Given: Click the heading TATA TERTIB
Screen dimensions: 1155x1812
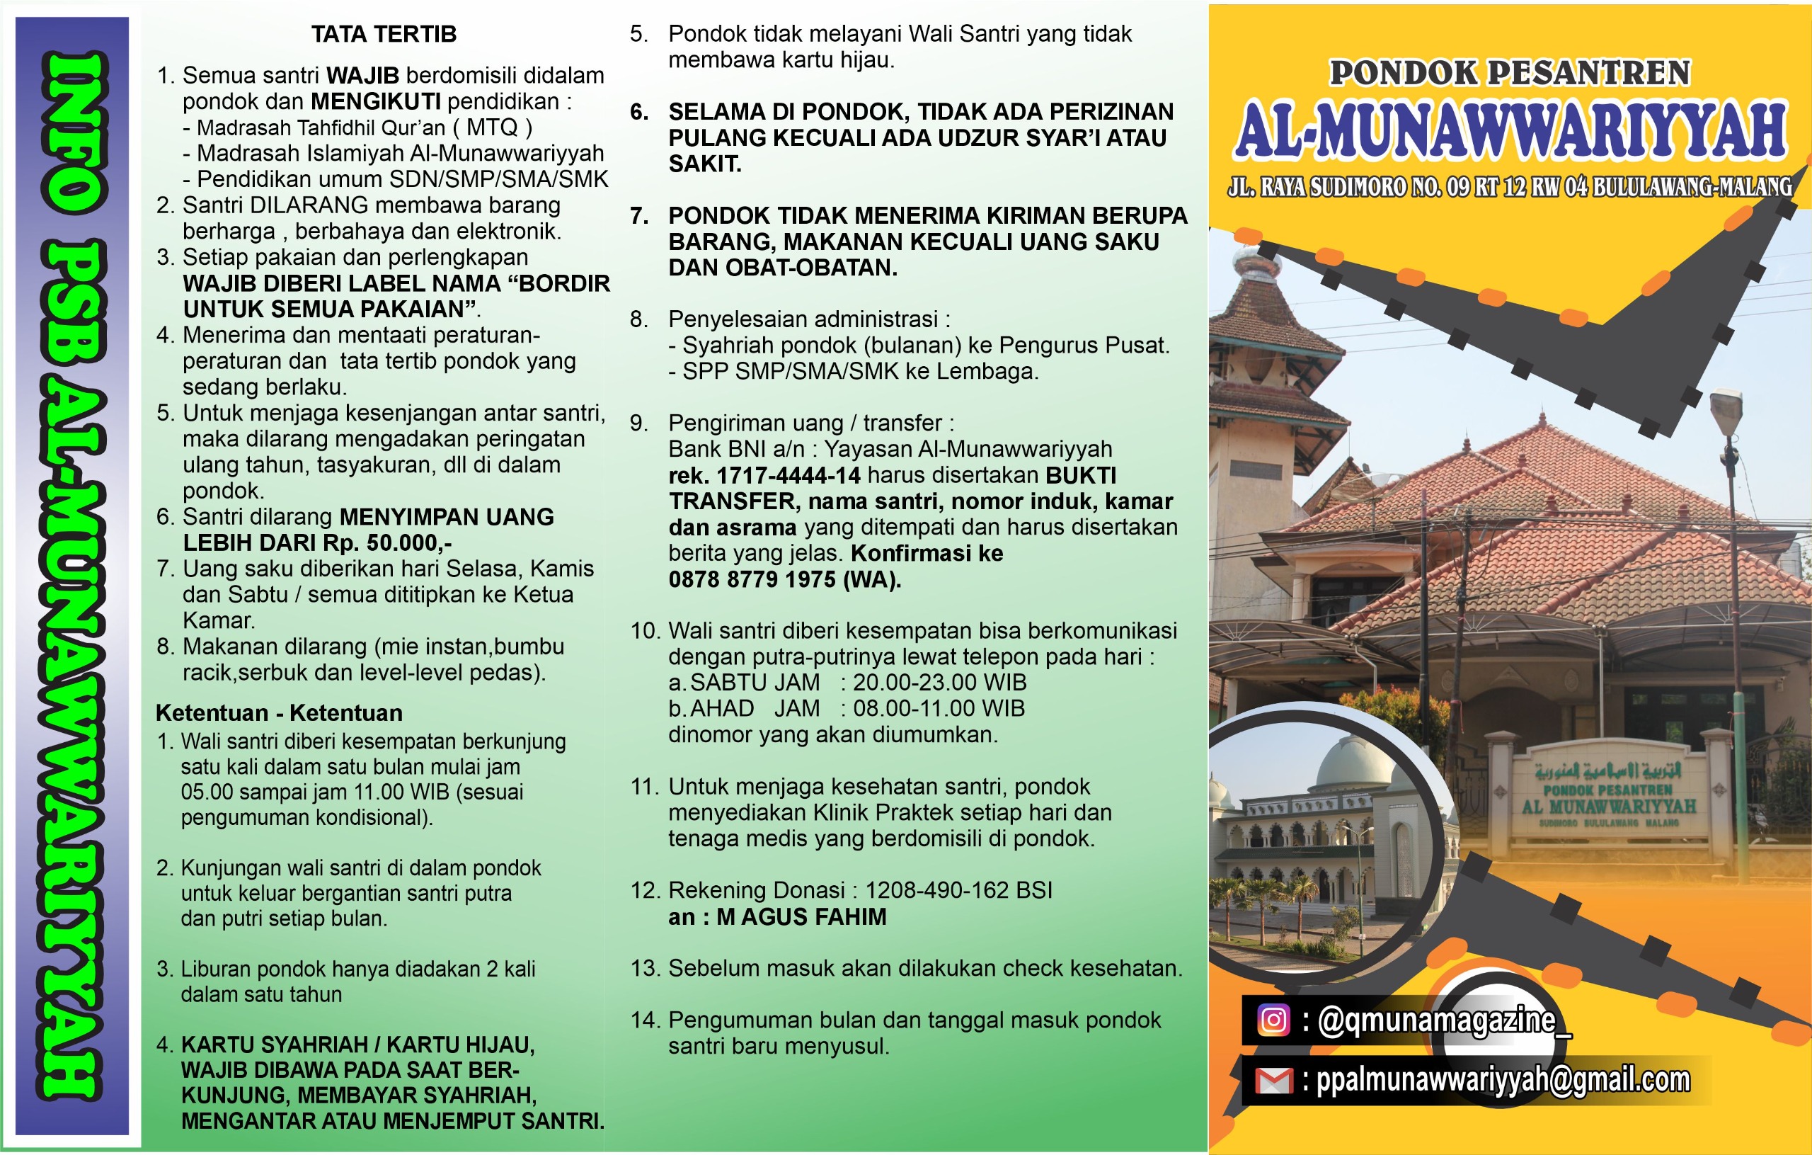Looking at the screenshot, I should (x=384, y=34).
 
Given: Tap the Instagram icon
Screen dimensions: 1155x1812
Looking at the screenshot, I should (x=1273, y=1020).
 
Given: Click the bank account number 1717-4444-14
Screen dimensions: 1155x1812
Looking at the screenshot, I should (x=788, y=475).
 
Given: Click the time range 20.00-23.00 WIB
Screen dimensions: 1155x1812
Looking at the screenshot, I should (x=939, y=682).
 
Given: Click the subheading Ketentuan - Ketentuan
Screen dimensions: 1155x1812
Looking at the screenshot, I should (x=278, y=712).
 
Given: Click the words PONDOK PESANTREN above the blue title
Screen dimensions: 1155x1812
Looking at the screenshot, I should (x=1510, y=73).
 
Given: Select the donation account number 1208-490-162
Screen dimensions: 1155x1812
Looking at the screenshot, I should (x=937, y=890).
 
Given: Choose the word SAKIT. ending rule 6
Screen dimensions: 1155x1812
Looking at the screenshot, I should (x=705, y=164).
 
